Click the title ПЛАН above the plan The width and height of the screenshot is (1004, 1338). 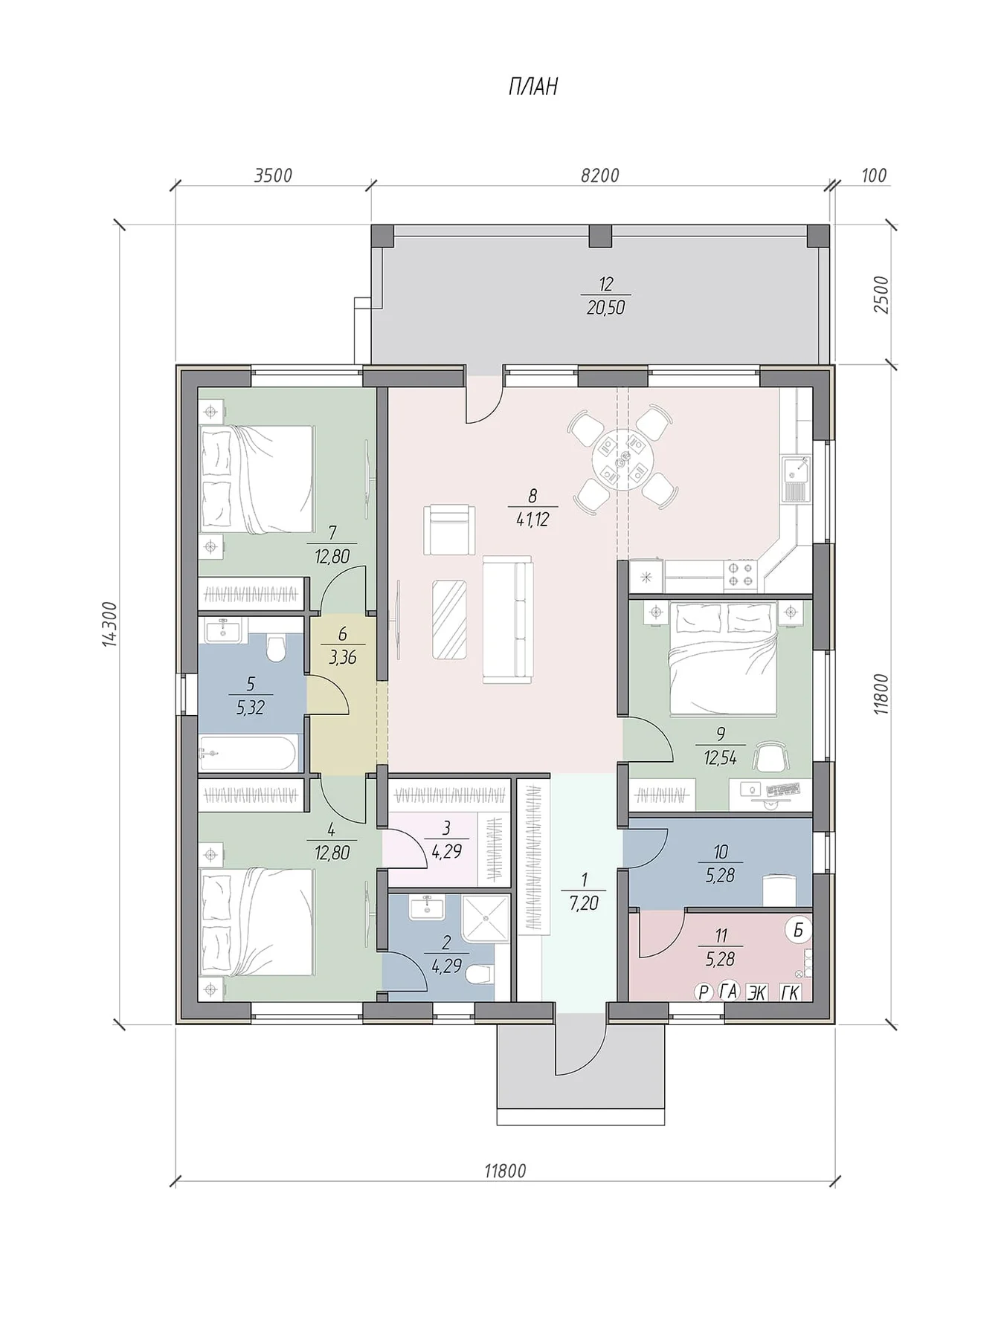pyautogui.click(x=532, y=88)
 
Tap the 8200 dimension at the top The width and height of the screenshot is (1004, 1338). pyautogui.click(x=599, y=175)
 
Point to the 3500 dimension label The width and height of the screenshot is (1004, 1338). pyautogui.click(x=273, y=175)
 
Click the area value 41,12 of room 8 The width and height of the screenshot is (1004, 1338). pyautogui.click(x=532, y=520)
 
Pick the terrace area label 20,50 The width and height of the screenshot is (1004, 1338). pyautogui.click(x=605, y=307)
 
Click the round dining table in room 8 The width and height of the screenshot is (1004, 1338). pyautogui.click(x=622, y=458)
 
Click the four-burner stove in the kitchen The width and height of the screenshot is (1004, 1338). pyautogui.click(x=741, y=573)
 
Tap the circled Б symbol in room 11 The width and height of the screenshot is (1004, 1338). pyautogui.click(x=798, y=929)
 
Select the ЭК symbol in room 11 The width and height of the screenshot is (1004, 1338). pyautogui.click(x=757, y=992)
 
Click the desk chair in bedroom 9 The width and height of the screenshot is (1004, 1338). pyautogui.click(x=769, y=757)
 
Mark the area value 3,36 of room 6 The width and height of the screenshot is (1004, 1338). pyautogui.click(x=342, y=657)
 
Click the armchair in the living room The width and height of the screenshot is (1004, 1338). pyautogui.click(x=448, y=529)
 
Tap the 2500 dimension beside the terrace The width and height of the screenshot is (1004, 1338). pyautogui.click(x=881, y=294)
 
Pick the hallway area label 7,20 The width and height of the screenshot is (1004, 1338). pyautogui.click(x=584, y=904)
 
